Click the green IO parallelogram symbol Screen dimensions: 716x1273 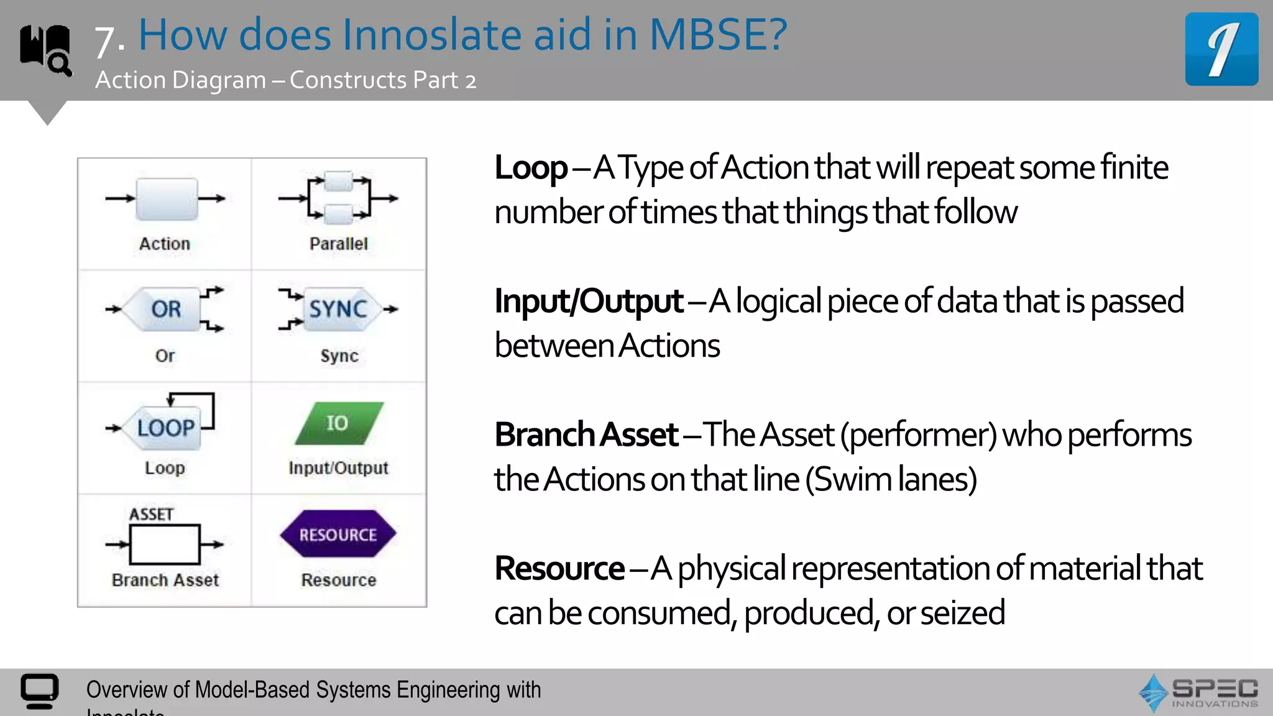(339, 423)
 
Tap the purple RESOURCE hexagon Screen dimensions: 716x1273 (338, 535)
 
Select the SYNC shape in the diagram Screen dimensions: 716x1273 (339, 309)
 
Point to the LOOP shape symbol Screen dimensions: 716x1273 (165, 428)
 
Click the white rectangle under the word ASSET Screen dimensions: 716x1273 (165, 544)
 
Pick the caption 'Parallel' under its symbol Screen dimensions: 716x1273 (339, 244)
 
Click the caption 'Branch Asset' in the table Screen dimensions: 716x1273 (165, 580)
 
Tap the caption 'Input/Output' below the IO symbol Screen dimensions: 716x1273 (338, 468)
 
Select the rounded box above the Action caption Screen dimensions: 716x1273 (167, 199)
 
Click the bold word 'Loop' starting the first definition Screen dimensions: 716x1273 (530, 168)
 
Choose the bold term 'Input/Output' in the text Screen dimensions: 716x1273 (589, 301)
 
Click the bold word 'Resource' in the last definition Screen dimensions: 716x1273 (559, 569)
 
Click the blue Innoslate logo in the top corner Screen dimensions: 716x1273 (1221, 49)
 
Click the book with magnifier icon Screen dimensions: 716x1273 (45, 50)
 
